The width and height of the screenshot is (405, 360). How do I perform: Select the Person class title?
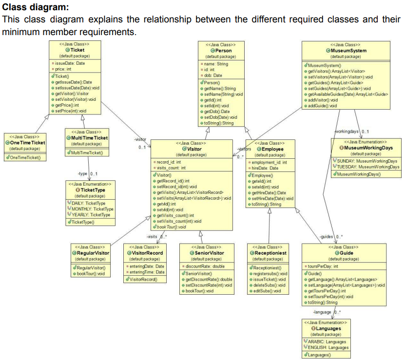(x=223, y=50)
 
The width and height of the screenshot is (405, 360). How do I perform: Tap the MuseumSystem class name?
(x=348, y=50)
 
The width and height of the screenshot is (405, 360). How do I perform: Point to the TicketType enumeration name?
(x=94, y=190)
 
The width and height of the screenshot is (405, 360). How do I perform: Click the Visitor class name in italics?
(x=193, y=149)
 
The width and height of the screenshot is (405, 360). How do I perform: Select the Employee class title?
(x=272, y=149)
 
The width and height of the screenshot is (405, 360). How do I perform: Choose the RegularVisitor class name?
(x=93, y=253)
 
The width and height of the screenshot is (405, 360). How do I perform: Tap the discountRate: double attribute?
(x=204, y=266)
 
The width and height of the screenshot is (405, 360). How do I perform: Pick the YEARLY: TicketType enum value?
(x=93, y=214)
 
